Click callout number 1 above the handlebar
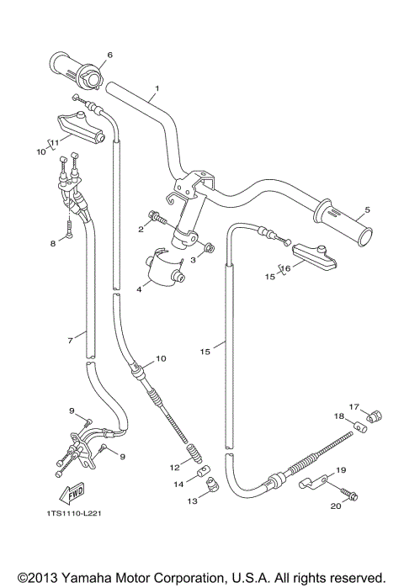(157, 88)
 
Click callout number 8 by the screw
(51, 244)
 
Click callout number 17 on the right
(354, 405)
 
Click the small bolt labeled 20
(353, 496)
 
